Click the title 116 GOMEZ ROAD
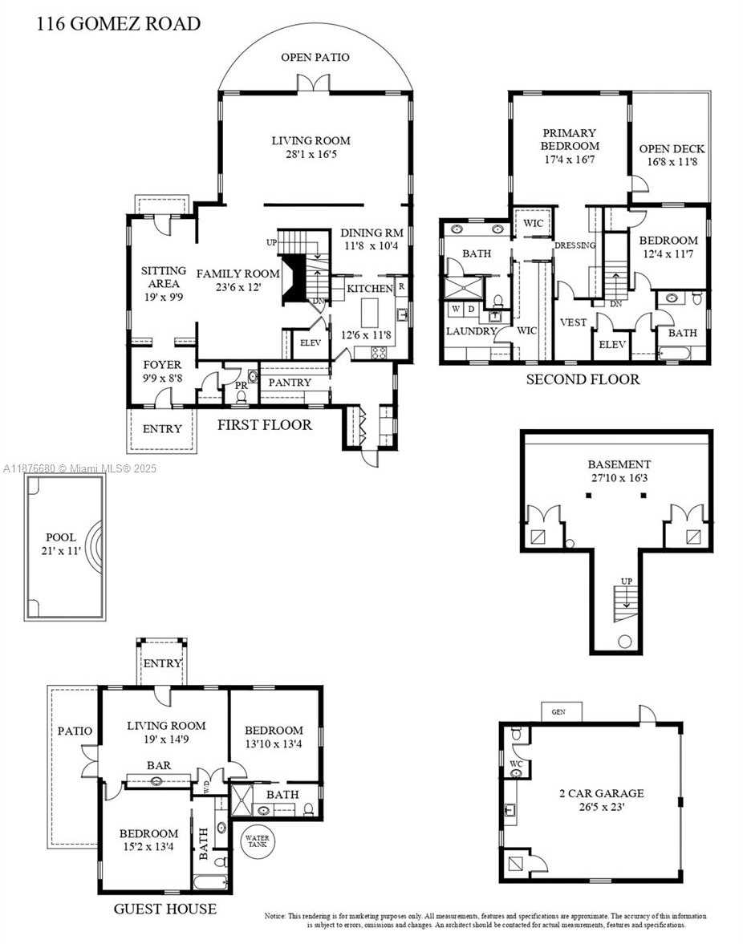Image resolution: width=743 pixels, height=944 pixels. pyautogui.click(x=119, y=23)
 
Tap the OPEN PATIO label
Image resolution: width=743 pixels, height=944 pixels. pyautogui.click(x=315, y=57)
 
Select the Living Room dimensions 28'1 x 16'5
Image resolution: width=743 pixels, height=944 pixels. pyautogui.click(x=310, y=154)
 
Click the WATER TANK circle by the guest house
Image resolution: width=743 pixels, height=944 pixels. pyautogui.click(x=260, y=841)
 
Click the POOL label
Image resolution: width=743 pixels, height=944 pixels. pyautogui.click(x=61, y=537)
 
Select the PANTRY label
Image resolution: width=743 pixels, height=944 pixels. pyautogui.click(x=289, y=383)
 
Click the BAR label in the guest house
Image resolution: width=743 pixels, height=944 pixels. pyautogui.click(x=159, y=765)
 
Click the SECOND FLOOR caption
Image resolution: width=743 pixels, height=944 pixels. pyautogui.click(x=583, y=379)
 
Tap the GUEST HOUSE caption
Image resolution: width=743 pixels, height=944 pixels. pyautogui.click(x=164, y=909)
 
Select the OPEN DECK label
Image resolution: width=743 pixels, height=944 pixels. pyautogui.click(x=672, y=148)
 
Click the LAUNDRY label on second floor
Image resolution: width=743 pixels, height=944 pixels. pyautogui.click(x=471, y=330)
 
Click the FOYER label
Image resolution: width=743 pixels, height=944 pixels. pyautogui.click(x=162, y=365)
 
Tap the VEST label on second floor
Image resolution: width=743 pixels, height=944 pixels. pyautogui.click(x=574, y=322)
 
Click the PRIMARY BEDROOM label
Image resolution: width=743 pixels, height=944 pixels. pyautogui.click(x=569, y=140)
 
